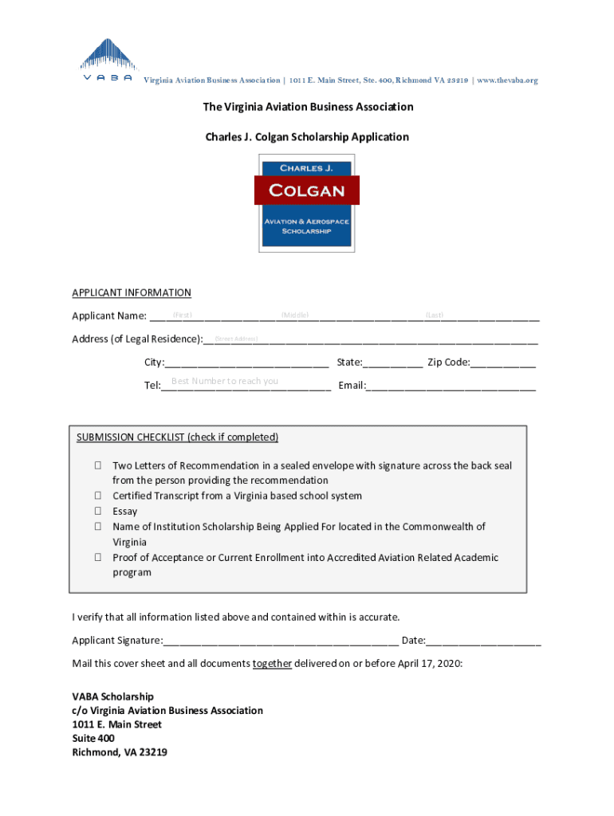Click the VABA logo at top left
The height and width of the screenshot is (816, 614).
tap(107, 60)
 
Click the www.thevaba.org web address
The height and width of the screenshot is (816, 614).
tap(507, 80)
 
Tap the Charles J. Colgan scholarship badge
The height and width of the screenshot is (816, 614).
tap(307, 202)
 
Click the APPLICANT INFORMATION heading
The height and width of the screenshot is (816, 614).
tap(132, 292)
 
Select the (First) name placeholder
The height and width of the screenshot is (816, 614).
tap(183, 316)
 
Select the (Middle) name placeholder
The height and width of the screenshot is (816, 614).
tap(295, 316)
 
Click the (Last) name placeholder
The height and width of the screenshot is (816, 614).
tap(435, 316)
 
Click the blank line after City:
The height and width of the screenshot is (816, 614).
tap(247, 363)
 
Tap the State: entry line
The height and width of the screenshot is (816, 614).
tap(393, 363)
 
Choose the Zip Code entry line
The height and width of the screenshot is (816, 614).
tap(503, 363)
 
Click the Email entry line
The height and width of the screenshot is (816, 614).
tap(451, 386)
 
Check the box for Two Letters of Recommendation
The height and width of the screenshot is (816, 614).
tap(97, 465)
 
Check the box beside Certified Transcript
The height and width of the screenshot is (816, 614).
tap(97, 496)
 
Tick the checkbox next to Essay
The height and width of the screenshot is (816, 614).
tap(97, 512)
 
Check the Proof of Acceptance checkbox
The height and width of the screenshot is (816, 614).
tap(97, 558)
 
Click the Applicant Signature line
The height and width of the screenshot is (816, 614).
tap(281, 641)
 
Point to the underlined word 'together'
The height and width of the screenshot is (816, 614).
tap(272, 664)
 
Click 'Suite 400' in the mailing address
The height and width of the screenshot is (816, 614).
tap(93, 739)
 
